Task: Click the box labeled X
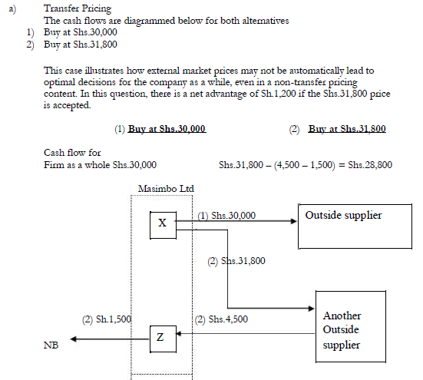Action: (x=161, y=223)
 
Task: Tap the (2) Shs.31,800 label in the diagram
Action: (x=236, y=261)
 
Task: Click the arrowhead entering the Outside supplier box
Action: (x=294, y=222)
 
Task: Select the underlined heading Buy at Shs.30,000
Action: (x=167, y=130)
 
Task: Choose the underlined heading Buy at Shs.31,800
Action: (x=346, y=130)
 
